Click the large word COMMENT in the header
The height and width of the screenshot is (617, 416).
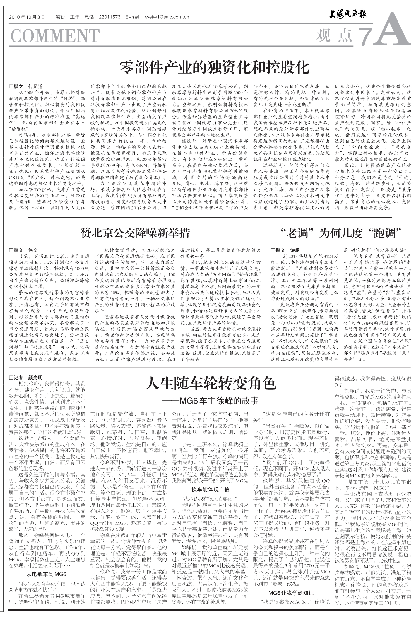click(x=55, y=36)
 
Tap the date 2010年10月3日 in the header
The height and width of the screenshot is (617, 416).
click(x=27, y=17)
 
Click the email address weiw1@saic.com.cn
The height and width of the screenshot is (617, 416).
click(x=167, y=17)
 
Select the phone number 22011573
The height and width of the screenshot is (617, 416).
click(x=110, y=17)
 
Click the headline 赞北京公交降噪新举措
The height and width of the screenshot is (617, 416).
click(x=135, y=233)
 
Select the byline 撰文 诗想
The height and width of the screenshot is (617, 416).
click(x=285, y=250)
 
